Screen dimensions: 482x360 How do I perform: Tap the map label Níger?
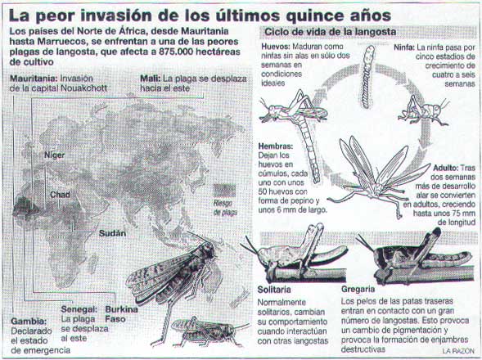tap(55, 155)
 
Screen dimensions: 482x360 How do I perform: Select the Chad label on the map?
tap(60, 195)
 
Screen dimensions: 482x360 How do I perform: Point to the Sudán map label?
tap(112, 233)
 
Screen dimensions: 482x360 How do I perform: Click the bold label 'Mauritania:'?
tap(34, 79)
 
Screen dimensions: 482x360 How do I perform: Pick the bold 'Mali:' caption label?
tap(151, 79)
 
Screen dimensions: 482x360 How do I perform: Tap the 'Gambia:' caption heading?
tap(29, 322)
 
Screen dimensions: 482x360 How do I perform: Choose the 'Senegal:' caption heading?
tap(79, 309)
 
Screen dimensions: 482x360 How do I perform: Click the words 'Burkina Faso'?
tap(121, 314)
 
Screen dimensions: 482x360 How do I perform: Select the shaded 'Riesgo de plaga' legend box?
tap(225, 191)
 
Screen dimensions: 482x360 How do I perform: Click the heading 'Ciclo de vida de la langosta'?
tap(330, 32)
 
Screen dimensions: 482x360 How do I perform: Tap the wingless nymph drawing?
tap(424, 111)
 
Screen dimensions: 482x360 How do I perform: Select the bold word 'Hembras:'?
tap(276, 146)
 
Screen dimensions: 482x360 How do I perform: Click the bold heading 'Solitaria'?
tap(274, 290)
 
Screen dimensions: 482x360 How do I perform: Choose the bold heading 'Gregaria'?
tap(358, 290)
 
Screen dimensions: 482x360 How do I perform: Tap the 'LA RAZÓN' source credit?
tap(458, 351)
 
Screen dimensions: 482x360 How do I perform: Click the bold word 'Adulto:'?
tap(446, 169)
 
